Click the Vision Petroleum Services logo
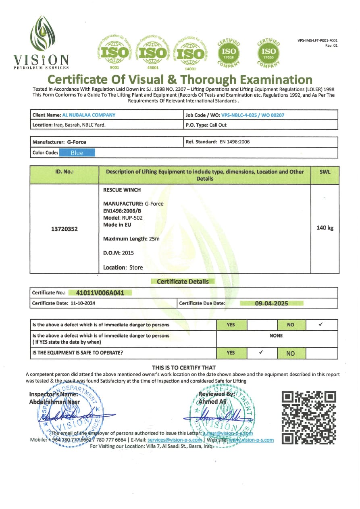(x=42, y=42)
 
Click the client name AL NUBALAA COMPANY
(x=89, y=115)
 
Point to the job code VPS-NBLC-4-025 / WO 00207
(x=253, y=115)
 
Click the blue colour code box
(x=77, y=153)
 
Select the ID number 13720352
(x=65, y=229)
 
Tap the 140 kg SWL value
(x=325, y=228)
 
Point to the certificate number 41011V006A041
(x=100, y=293)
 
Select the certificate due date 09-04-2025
(x=271, y=303)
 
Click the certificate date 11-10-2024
(x=82, y=303)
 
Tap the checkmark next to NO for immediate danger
(x=321, y=324)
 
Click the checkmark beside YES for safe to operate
(x=261, y=352)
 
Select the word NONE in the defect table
(x=276, y=336)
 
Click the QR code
(x=309, y=417)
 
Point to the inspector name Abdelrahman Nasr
(x=54, y=402)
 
